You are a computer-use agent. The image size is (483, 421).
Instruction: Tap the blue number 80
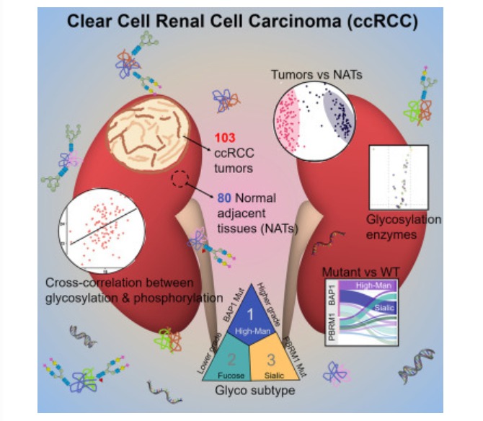click(x=224, y=195)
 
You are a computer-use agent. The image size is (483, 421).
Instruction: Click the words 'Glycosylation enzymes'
click(x=403, y=226)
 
